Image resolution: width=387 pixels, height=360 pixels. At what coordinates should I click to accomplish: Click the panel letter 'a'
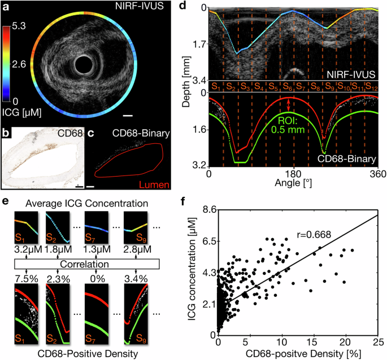(6, 7)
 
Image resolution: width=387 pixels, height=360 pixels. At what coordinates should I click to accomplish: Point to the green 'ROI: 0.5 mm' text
(289, 124)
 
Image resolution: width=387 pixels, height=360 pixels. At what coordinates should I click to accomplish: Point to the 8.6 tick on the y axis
(209, 209)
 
